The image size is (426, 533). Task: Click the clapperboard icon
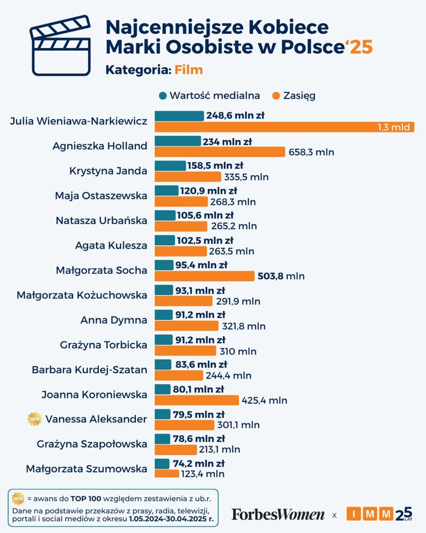(x=61, y=46)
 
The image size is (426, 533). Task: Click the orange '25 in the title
(x=359, y=47)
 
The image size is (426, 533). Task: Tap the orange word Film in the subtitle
(x=189, y=70)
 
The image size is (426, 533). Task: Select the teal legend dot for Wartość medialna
(x=163, y=96)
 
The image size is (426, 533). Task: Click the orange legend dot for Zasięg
(x=276, y=96)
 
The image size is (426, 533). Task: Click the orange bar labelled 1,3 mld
(x=284, y=127)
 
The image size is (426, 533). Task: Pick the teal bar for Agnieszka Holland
(x=177, y=141)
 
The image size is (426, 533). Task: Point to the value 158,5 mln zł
(x=215, y=166)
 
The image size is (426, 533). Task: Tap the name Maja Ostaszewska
(x=101, y=196)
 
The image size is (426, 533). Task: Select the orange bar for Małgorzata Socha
(x=204, y=276)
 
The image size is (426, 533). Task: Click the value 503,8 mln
(x=281, y=276)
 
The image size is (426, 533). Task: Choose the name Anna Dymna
(x=114, y=320)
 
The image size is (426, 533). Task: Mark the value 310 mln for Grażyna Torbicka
(x=238, y=351)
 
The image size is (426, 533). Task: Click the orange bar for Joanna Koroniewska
(x=197, y=400)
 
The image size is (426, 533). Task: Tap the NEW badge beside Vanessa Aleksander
(x=35, y=419)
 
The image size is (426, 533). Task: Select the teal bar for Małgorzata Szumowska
(x=162, y=464)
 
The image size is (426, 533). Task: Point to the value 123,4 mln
(x=203, y=474)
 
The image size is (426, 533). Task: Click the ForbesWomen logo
(x=278, y=515)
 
